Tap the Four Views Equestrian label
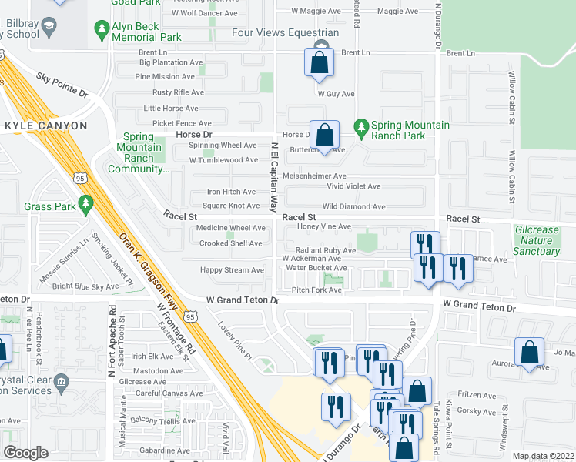(286, 33)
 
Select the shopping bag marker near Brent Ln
(320, 62)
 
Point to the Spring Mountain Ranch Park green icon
(360, 126)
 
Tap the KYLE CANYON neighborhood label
(45, 125)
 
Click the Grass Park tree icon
(88, 205)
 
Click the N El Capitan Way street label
(273, 177)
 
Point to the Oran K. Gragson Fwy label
(147, 270)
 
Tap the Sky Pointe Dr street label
(62, 85)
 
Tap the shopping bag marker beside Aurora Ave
(529, 353)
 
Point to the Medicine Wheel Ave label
(230, 228)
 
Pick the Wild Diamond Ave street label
(353, 206)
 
